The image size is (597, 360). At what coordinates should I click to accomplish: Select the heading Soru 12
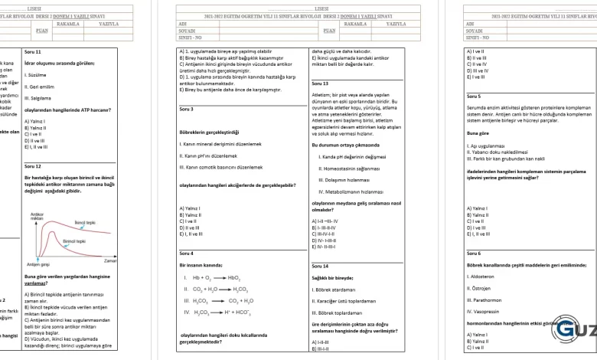pyautogui.click(x=33, y=165)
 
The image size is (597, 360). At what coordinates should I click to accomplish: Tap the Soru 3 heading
pyautogui.click(x=186, y=110)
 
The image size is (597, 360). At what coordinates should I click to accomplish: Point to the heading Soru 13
pyautogui.click(x=320, y=83)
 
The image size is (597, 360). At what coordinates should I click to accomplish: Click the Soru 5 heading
pyautogui.click(x=474, y=97)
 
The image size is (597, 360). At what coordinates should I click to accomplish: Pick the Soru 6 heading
pyautogui.click(x=474, y=253)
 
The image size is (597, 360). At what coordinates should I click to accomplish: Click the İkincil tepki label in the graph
pyautogui.click(x=84, y=222)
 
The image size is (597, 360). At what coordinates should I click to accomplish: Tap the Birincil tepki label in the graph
pyautogui.click(x=73, y=241)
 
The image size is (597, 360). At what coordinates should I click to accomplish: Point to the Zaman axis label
pyautogui.click(x=109, y=261)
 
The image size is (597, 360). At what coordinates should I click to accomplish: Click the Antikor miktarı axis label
pyautogui.click(x=36, y=216)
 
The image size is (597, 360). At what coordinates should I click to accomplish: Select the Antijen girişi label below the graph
pyautogui.click(x=38, y=264)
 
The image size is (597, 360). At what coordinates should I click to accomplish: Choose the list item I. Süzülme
pyautogui.click(x=35, y=75)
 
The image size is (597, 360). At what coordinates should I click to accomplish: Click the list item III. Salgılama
pyautogui.click(x=38, y=98)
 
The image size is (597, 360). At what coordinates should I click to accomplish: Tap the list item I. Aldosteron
pyautogui.click(x=481, y=276)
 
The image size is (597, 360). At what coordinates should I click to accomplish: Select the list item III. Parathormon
pyautogui.click(x=485, y=300)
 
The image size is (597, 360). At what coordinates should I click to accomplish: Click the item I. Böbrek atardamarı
pyautogui.click(x=334, y=290)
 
